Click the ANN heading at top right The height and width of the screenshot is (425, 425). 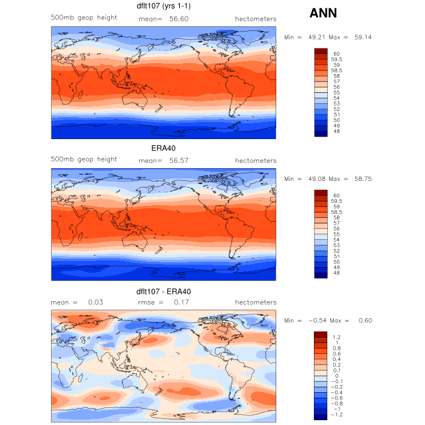point(323,13)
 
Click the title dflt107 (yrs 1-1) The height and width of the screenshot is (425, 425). point(164,7)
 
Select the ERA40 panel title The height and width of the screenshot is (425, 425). point(163,148)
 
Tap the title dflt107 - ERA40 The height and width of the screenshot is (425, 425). point(164,291)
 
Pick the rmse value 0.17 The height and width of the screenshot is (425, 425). point(180,302)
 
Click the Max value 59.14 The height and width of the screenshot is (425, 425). point(362,37)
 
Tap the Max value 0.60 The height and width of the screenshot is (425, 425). point(364,321)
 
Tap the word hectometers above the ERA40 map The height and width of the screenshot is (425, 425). point(256,160)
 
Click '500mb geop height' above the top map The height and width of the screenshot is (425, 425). point(84,18)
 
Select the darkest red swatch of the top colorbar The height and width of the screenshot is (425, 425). point(321,51)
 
